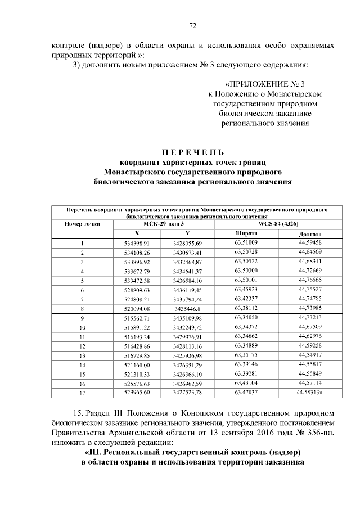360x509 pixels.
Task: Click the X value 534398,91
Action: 137,243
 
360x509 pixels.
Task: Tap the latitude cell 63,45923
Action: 246,289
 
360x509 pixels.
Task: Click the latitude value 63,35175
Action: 246,355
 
